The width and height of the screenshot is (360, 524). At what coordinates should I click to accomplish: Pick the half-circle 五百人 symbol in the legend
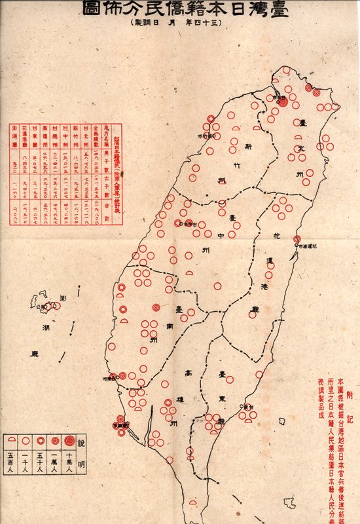tap(11, 441)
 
